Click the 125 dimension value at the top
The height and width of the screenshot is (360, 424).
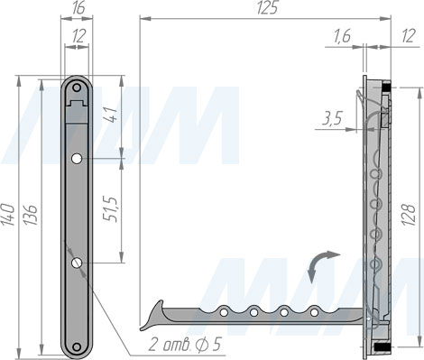point(267,8)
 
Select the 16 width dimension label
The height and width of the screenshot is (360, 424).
point(78,8)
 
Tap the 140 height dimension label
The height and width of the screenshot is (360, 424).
point(8,215)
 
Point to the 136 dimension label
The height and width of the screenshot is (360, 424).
point(31,215)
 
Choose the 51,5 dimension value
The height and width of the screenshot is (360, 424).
point(110,209)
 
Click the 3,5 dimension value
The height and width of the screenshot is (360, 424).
point(332,119)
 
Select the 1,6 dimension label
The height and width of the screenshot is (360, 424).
point(342,36)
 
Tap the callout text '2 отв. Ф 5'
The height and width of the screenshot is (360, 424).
point(184,344)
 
